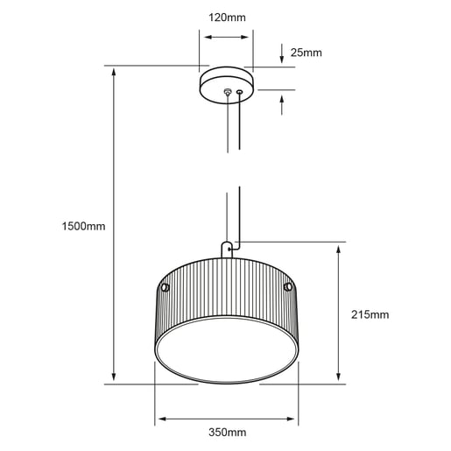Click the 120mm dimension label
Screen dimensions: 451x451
coord(227,18)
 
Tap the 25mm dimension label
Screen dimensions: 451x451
coord(306,53)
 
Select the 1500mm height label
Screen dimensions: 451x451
coord(83,226)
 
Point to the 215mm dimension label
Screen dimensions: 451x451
coord(370,314)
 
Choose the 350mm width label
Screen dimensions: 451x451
coord(227,432)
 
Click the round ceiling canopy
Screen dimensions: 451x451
coord(227,85)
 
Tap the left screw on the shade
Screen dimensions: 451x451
coord(166,287)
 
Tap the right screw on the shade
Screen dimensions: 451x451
coord(288,287)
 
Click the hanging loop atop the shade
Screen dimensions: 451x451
coord(227,250)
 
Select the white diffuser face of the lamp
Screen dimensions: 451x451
coord(227,349)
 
